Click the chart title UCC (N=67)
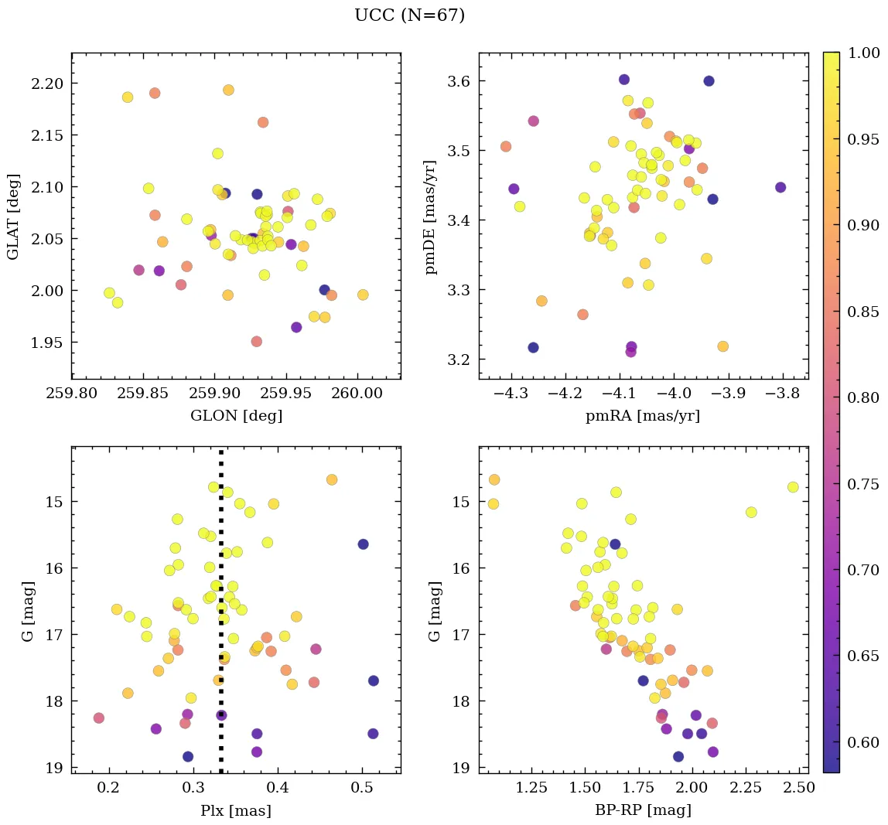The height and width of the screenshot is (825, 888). [409, 15]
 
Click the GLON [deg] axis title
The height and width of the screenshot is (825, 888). [236, 416]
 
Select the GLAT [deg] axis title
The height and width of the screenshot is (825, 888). [12, 216]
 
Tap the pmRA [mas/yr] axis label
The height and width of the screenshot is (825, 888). [644, 416]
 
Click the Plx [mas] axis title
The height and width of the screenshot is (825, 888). [236, 810]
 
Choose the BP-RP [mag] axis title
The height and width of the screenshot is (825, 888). [644, 810]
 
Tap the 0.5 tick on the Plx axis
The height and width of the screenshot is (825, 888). [363, 789]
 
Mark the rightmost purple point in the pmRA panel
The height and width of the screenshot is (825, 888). [780, 187]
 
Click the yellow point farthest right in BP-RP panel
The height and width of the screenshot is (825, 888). [793, 487]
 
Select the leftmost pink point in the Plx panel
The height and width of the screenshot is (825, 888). [99, 718]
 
